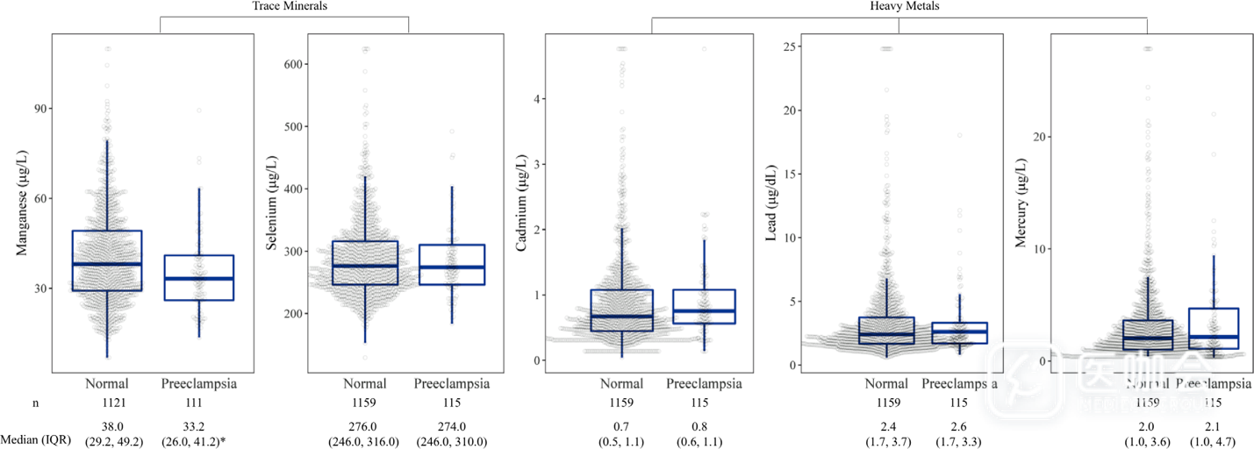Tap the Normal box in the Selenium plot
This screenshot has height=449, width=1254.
coord(365,263)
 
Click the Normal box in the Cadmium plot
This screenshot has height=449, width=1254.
coord(622,310)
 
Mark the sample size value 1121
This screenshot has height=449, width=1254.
coord(107,403)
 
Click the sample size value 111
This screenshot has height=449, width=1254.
coord(194,403)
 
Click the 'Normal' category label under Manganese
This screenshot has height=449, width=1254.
coord(107,384)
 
